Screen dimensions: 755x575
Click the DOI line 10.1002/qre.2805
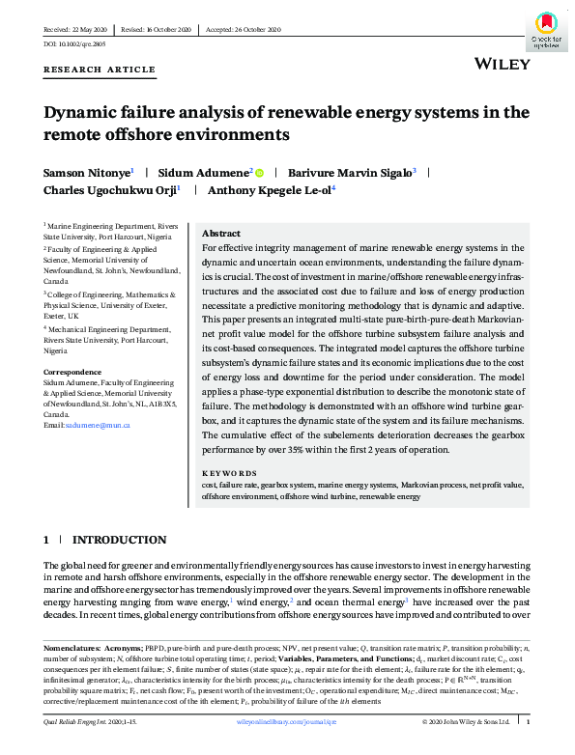point(76,45)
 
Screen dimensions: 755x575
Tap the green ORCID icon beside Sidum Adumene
point(259,172)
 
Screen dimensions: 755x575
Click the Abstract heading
point(221,235)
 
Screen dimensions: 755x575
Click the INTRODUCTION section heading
point(119,539)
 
